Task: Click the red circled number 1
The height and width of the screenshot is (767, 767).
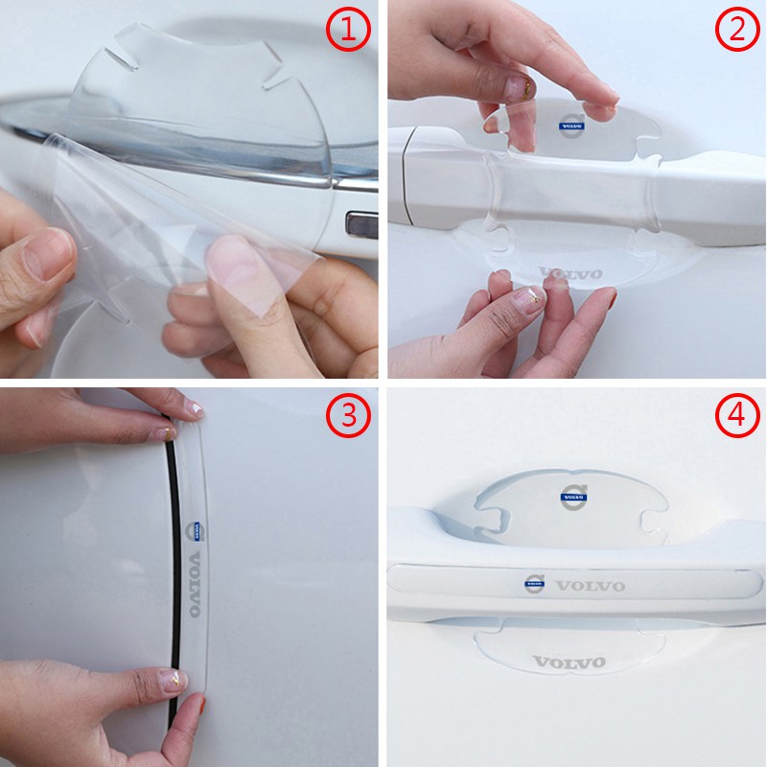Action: pyautogui.click(x=348, y=30)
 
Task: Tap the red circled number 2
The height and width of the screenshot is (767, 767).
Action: pyautogui.click(x=737, y=30)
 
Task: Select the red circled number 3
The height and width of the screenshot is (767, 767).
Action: pyautogui.click(x=348, y=416)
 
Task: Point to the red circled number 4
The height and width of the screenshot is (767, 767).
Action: pyautogui.click(x=737, y=416)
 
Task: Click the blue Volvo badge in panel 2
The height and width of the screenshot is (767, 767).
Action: pyautogui.click(x=571, y=126)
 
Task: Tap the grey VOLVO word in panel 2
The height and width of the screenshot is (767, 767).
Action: pyautogui.click(x=570, y=273)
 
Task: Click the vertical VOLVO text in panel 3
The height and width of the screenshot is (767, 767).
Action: pyautogui.click(x=195, y=584)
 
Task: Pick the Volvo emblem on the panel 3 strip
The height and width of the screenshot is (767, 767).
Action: pyautogui.click(x=196, y=531)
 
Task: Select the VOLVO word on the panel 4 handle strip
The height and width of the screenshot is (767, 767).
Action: pyautogui.click(x=591, y=585)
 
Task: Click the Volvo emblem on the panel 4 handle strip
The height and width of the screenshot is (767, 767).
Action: pyautogui.click(x=535, y=584)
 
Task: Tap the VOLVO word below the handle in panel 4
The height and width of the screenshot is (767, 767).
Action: pyautogui.click(x=569, y=662)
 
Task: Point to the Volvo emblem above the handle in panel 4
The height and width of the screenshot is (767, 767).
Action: pyautogui.click(x=573, y=498)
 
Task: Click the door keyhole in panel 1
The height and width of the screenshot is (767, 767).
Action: pyautogui.click(x=361, y=225)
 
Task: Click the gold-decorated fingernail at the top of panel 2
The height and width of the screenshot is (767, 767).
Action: pyautogui.click(x=521, y=87)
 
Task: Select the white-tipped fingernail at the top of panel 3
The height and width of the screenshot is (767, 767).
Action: pyautogui.click(x=194, y=409)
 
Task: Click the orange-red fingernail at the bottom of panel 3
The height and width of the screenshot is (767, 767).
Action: pyautogui.click(x=201, y=706)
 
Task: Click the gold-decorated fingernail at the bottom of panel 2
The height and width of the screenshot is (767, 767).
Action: pyautogui.click(x=531, y=298)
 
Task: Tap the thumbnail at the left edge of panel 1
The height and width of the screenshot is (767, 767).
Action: pyautogui.click(x=47, y=254)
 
